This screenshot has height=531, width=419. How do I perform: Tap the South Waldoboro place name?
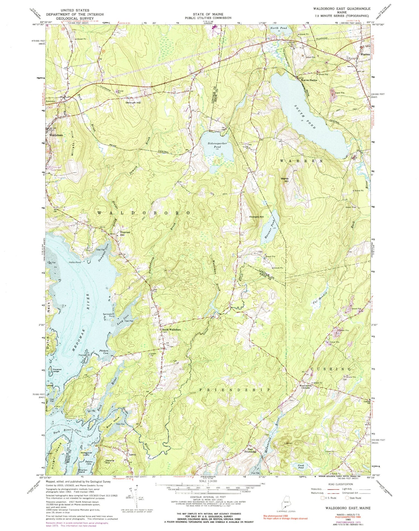[x=171, y=330]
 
